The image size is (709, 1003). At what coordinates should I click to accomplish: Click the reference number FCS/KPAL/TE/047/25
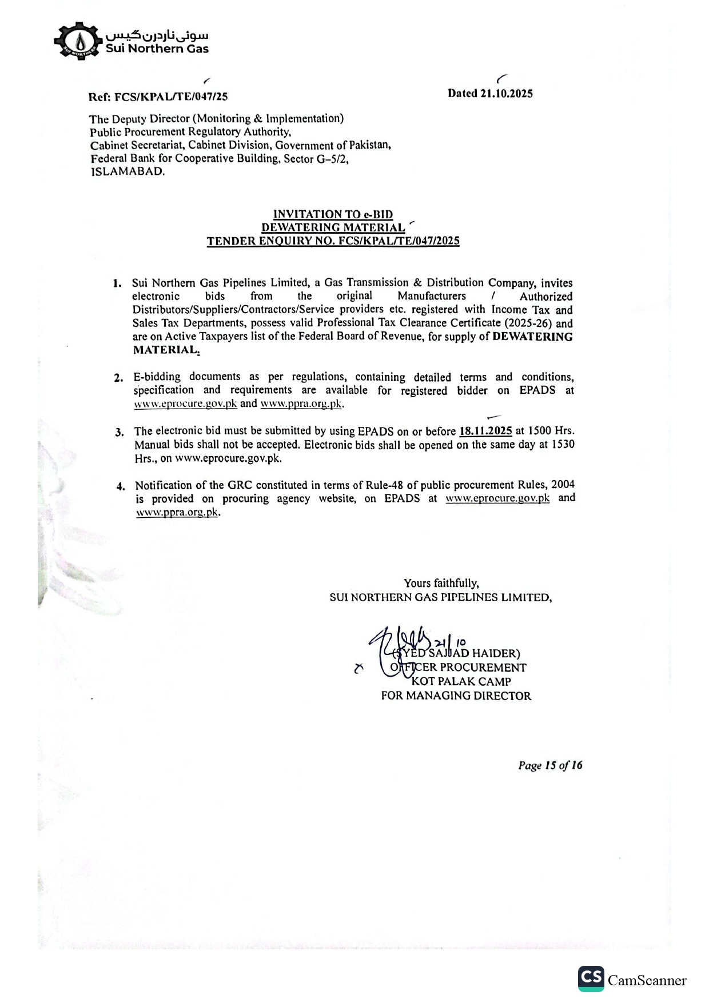[x=171, y=97]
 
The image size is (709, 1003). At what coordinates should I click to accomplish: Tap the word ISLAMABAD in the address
[x=128, y=171]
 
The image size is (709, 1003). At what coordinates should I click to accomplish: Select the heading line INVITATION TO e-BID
[x=333, y=214]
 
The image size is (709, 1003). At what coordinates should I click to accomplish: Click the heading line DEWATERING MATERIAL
[x=333, y=227]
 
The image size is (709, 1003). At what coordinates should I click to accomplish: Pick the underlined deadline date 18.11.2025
[x=485, y=431]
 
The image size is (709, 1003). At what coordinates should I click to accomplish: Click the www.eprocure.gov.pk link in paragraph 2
[x=185, y=403]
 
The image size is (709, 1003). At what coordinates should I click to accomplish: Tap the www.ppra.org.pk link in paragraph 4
[x=177, y=512]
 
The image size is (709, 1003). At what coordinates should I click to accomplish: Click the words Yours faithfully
[x=441, y=583]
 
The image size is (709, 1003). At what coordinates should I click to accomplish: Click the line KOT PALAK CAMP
[x=461, y=681]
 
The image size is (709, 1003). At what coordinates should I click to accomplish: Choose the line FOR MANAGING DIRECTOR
[x=456, y=696]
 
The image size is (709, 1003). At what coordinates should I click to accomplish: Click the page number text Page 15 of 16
[x=550, y=765]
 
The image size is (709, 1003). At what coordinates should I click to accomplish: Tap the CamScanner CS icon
[x=591, y=978]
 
